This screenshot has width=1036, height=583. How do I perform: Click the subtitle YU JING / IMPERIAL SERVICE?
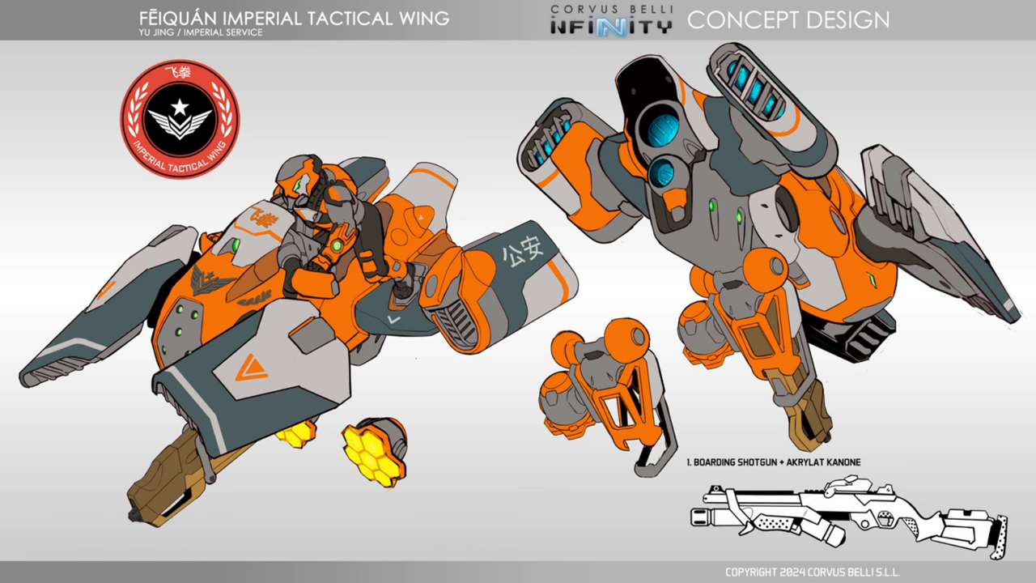point(201,32)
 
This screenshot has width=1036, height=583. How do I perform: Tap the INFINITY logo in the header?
point(611,26)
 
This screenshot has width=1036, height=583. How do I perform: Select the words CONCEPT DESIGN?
point(788,20)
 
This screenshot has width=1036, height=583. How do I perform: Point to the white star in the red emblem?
point(180,108)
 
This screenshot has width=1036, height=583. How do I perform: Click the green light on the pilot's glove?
point(334,244)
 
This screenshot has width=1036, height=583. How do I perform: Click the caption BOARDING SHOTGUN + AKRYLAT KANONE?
point(773,462)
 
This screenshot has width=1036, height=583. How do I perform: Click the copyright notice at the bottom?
point(812,572)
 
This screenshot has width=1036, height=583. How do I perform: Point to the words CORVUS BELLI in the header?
point(611,9)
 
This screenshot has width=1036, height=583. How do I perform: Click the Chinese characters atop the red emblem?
point(179,71)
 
